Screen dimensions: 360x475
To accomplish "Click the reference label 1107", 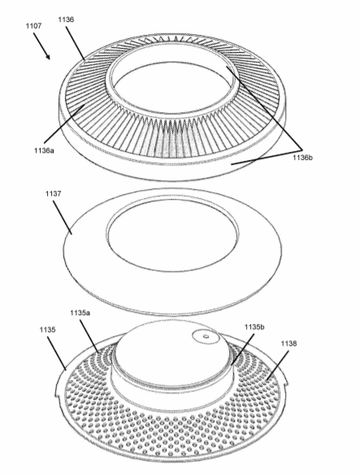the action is coord(33,26).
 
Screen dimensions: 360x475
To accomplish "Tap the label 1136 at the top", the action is coord(66,19).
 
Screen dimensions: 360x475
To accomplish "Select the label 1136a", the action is coord(44,150).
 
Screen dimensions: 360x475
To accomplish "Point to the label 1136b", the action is coord(302,158).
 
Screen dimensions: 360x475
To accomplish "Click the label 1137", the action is coord(54,193).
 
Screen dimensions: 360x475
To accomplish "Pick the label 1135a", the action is coord(80,313).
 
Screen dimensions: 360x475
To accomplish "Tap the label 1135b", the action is coord(254,327).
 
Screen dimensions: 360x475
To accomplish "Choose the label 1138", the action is coord(288,343).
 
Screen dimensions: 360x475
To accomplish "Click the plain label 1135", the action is coord(47,330).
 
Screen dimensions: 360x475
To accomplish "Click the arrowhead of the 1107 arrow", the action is coord(48,56).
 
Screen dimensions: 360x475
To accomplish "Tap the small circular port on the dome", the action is coord(206,336).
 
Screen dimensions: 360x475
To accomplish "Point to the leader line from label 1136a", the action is coord(64,124).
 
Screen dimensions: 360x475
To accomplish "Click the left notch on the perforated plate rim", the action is coord(57,394).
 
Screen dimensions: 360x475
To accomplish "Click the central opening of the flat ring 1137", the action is coord(172,235).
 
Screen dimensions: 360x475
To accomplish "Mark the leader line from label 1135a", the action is coord(89,336).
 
